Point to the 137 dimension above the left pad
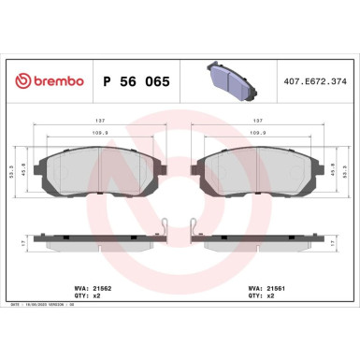99,120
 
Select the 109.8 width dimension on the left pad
99,133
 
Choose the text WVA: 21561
266,290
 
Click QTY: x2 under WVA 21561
262,298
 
